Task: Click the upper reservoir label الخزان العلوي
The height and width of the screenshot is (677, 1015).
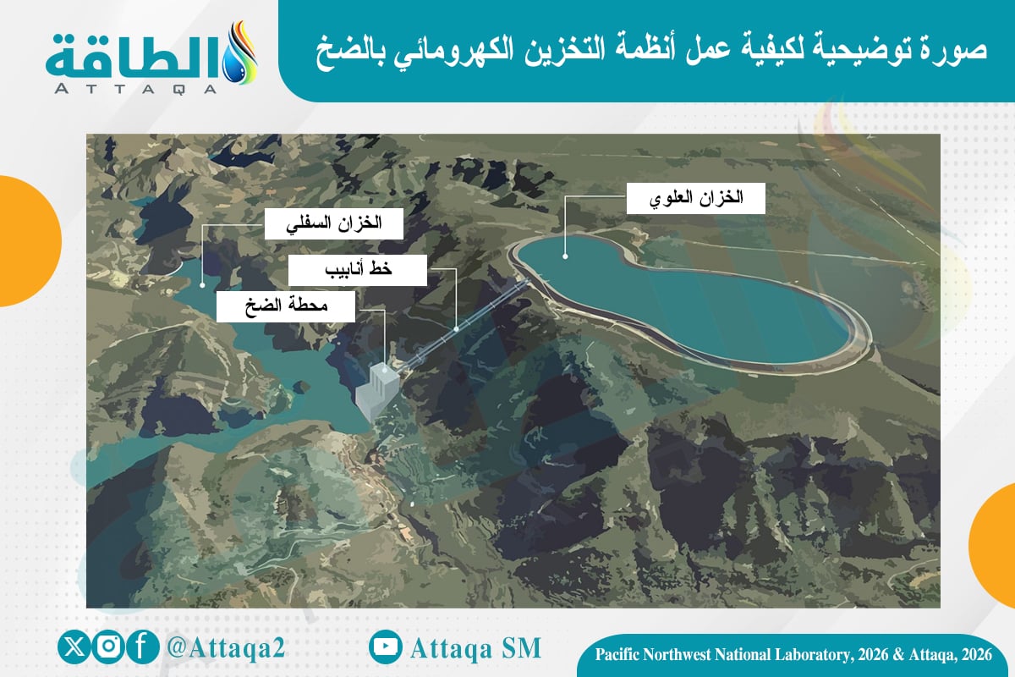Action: [x=696, y=198]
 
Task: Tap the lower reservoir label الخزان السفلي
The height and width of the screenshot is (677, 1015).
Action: [x=334, y=223]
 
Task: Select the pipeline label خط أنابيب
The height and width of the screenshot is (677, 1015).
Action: [x=358, y=270]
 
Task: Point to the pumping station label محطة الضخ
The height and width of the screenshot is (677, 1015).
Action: [x=286, y=306]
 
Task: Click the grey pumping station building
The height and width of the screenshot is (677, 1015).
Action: [x=377, y=391]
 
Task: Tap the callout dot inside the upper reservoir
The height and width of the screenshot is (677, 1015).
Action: [x=565, y=256]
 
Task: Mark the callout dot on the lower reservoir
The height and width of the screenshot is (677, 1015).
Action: [x=202, y=285]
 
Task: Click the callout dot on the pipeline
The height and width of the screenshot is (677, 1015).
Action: [x=456, y=329]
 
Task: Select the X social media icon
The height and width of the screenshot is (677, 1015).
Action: [x=74, y=647]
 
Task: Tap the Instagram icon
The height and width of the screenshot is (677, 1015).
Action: [x=108, y=647]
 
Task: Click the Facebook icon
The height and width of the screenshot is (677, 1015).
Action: [x=142, y=647]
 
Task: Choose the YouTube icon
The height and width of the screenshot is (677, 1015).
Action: [x=385, y=647]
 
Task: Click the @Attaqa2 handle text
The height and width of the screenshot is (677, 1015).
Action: [x=226, y=647]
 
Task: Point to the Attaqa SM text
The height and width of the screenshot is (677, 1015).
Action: [x=475, y=648]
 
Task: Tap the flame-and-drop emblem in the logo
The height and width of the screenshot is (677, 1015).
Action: [x=240, y=53]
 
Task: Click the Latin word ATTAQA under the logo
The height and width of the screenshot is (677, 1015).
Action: [x=135, y=88]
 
